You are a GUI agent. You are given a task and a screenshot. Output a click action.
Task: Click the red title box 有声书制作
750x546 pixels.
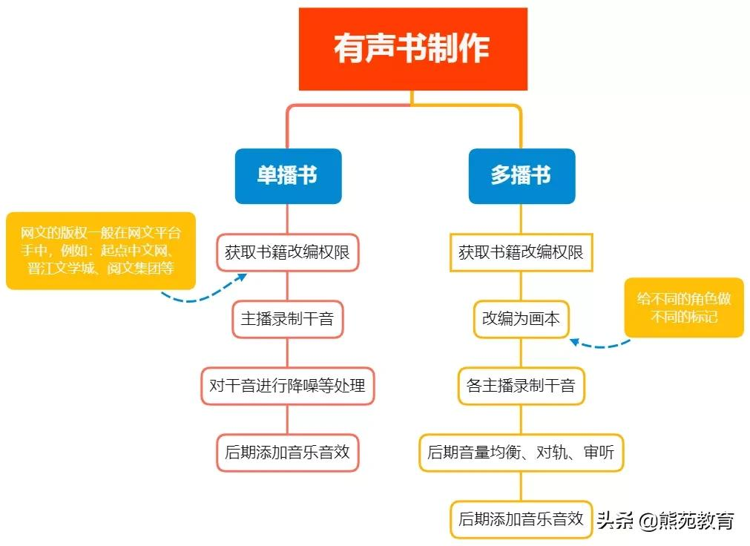(412, 49)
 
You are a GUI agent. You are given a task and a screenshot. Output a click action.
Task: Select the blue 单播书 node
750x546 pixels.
(288, 176)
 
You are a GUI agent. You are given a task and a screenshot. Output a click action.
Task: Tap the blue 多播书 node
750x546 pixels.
(522, 176)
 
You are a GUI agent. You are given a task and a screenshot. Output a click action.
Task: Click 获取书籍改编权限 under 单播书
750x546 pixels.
(288, 252)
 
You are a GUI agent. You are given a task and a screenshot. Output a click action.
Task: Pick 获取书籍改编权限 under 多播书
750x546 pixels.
(521, 252)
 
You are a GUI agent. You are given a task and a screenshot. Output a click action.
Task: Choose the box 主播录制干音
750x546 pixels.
(288, 319)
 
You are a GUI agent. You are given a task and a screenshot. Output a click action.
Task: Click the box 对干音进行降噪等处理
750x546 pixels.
(288, 386)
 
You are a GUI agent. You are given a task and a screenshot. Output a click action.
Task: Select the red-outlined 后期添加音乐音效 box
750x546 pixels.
(288, 453)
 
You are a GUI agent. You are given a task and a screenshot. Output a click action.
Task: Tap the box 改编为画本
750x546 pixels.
(521, 319)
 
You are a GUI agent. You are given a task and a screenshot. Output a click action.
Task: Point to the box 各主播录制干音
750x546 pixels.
(521, 386)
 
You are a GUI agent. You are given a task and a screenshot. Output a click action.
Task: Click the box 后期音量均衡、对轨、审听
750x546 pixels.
(521, 453)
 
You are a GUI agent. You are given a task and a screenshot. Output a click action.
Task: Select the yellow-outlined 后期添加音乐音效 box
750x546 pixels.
(521, 519)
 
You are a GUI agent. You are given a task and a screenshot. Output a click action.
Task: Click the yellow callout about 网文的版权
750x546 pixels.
(100, 251)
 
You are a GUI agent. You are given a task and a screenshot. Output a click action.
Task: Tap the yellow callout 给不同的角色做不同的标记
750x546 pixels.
(684, 308)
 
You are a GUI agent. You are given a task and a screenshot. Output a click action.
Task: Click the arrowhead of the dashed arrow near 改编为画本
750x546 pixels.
(574, 342)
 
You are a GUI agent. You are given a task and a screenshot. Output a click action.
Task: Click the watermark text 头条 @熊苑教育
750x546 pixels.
(665, 521)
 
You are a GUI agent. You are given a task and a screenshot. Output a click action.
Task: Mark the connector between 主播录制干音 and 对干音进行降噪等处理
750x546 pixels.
(288, 352)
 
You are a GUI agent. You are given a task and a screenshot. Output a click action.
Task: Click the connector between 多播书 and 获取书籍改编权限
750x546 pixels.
(521, 219)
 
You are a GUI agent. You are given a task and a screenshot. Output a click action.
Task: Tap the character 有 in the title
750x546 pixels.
(349, 48)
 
